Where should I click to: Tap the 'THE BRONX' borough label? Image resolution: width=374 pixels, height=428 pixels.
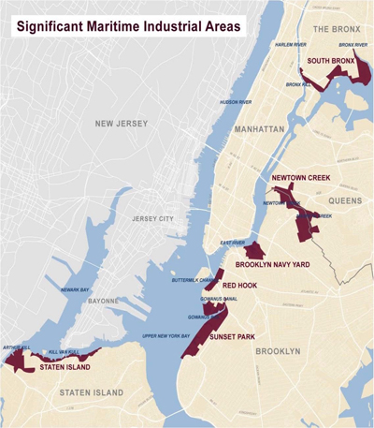336,29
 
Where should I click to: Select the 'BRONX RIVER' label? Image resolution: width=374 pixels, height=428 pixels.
353,44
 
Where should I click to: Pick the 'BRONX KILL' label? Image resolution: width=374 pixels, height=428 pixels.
298,84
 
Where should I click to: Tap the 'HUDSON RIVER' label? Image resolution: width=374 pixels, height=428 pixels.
236,101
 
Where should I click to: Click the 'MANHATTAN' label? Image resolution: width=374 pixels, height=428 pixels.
259,128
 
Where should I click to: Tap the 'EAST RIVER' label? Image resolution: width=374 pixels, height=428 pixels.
233,243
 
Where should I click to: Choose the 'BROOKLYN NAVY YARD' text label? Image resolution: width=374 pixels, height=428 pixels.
273,265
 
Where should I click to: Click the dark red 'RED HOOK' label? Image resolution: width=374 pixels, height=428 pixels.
240,284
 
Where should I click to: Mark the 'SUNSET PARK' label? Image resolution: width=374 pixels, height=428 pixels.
234,335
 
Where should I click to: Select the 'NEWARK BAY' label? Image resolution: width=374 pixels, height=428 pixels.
71,290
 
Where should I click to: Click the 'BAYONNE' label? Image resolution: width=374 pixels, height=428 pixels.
104,302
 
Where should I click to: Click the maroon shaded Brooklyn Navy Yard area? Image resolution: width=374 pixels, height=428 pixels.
254,250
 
